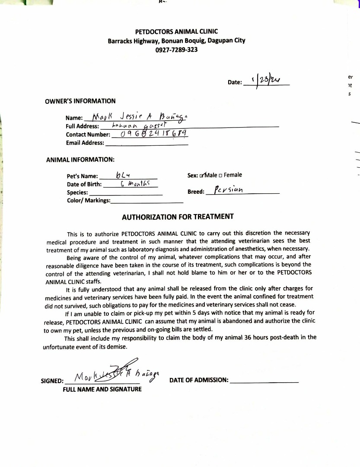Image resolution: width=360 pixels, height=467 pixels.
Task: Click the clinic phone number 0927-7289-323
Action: [176, 50]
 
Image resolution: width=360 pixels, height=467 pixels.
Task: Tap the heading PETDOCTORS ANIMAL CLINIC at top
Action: [176, 32]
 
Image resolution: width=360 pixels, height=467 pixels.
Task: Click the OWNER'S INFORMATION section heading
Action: [80, 101]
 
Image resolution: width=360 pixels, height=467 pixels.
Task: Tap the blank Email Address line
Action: [147, 143]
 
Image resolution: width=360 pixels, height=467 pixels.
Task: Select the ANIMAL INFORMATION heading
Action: [80, 160]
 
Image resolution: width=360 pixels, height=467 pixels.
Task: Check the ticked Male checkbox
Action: [201, 176]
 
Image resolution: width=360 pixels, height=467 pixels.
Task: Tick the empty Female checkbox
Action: [220, 176]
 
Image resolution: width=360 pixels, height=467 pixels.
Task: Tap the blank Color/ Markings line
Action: [147, 201]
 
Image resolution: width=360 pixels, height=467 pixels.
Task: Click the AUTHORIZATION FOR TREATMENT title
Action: [178, 217]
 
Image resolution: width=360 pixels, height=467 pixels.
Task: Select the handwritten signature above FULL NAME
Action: [115, 375]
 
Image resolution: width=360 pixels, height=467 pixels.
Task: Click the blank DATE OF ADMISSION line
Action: [264, 381]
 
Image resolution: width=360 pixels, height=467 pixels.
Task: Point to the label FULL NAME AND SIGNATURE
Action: [102, 389]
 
